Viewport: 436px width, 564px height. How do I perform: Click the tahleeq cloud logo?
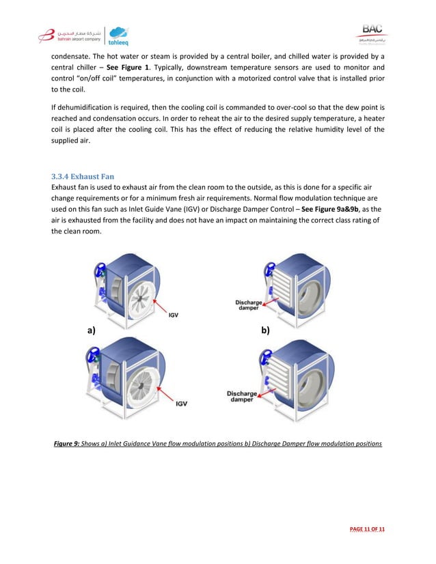tap(118, 36)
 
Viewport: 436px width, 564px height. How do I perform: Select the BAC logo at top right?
tap(372, 32)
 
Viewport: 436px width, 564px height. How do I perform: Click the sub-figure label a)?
tap(91, 330)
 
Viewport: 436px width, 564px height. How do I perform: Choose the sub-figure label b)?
tap(265, 330)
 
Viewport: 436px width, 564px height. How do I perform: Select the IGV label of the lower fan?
tap(181, 404)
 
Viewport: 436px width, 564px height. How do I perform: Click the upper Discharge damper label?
tap(247, 305)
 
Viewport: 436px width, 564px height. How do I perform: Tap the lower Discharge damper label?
tap(242, 397)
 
